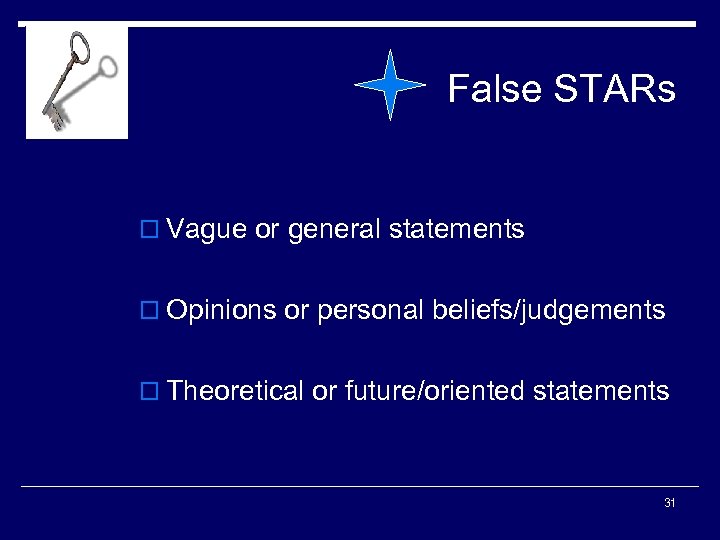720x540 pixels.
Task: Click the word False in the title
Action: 493,89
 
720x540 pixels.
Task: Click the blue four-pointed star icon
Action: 391,86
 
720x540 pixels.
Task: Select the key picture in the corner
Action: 77,82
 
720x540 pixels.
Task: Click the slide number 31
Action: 669,503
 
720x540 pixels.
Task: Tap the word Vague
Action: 207,230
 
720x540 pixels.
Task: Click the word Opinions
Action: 222,311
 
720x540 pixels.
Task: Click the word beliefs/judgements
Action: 548,311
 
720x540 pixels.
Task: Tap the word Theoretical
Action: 236,391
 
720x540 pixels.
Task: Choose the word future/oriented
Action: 434,391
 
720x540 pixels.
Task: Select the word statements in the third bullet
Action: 601,391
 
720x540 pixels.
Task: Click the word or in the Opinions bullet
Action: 296,311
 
